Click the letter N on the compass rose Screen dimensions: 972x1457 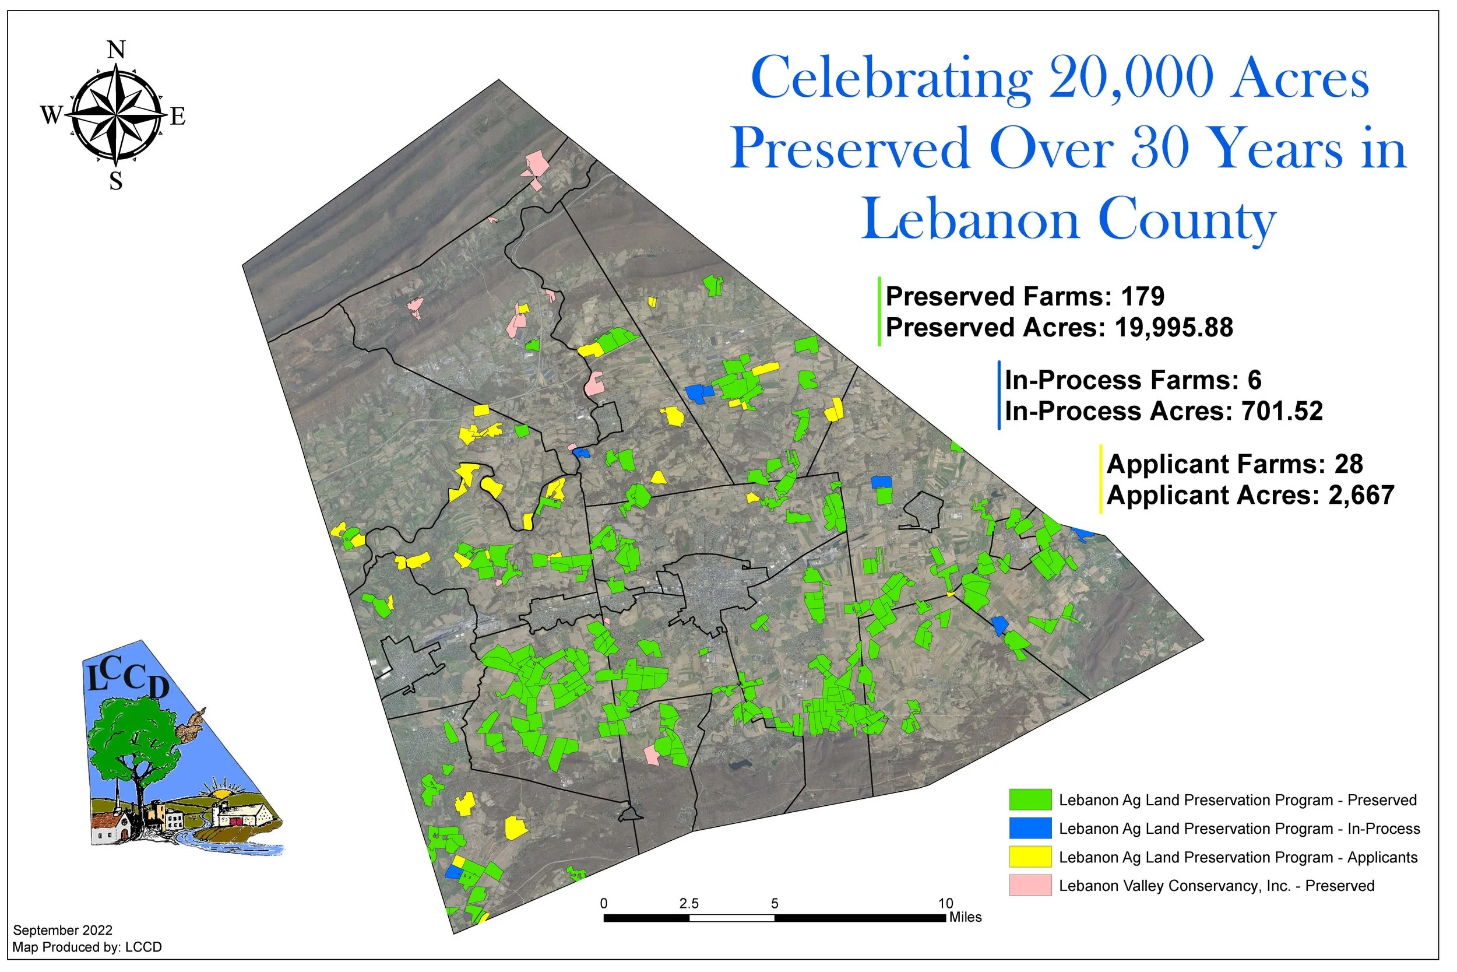[x=117, y=50]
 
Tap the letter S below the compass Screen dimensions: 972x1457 [x=116, y=181]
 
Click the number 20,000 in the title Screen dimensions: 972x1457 [x=1130, y=78]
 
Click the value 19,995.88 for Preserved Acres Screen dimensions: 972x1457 [x=1173, y=328]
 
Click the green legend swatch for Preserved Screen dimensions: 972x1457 [x=1030, y=799]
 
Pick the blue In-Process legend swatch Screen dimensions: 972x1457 [x=1030, y=828]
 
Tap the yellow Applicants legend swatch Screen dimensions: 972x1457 [x=1030, y=857]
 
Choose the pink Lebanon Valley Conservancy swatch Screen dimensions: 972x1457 [x=1030, y=885]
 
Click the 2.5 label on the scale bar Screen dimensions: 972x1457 [x=688, y=904]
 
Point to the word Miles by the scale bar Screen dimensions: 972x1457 [x=965, y=917]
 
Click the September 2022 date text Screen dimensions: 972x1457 [x=62, y=931]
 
